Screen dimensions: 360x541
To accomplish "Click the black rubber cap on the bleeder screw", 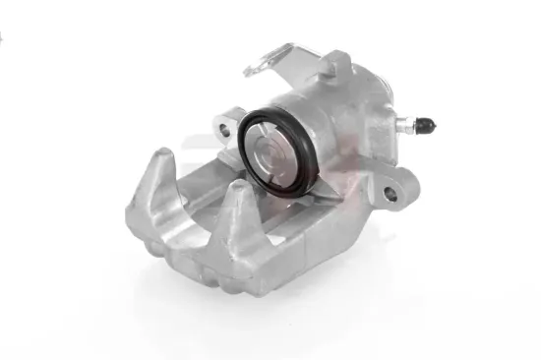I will point(426,125).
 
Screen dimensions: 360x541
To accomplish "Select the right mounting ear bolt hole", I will point(391,194).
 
